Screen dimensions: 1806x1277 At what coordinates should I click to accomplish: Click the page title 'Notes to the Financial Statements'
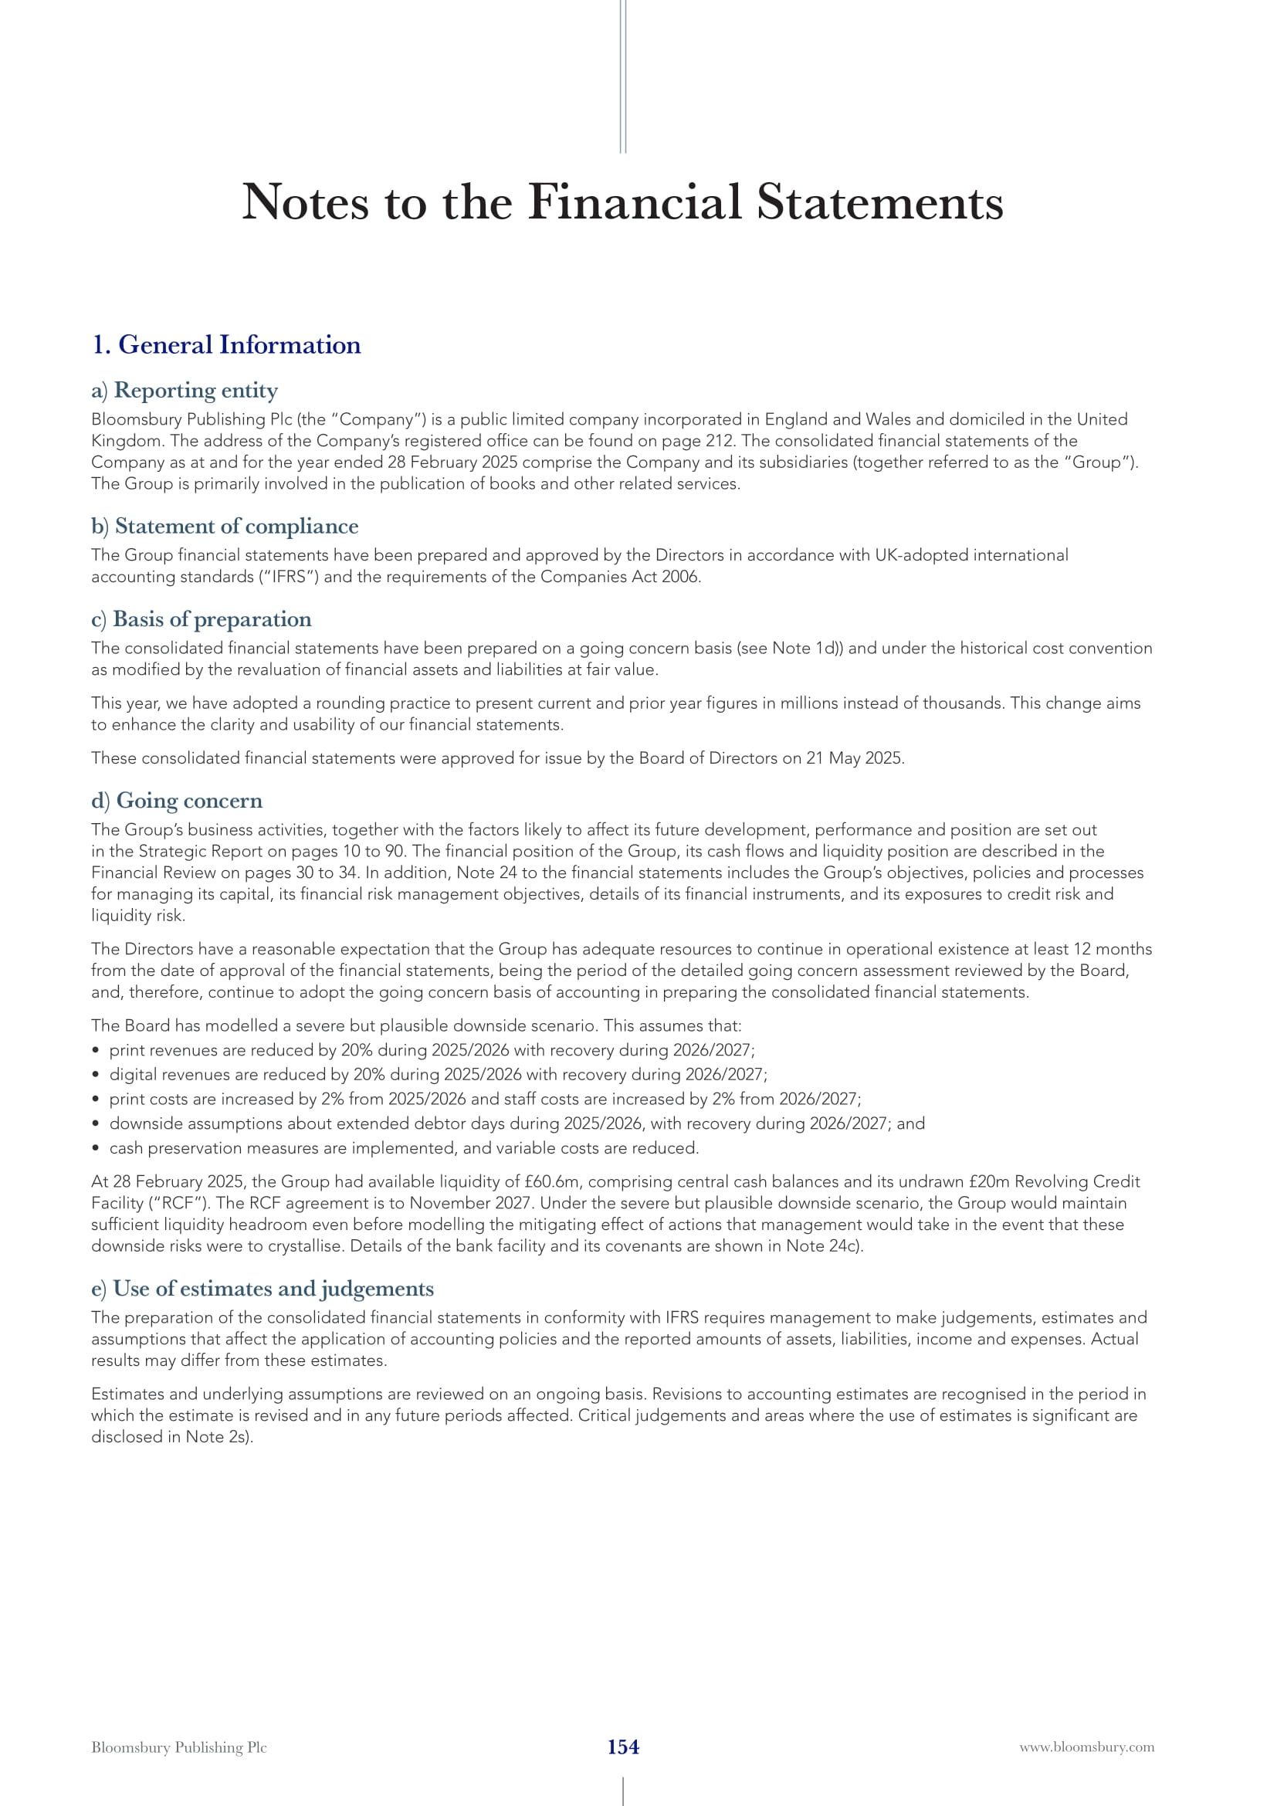click(x=622, y=202)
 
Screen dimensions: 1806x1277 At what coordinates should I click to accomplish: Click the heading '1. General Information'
click(x=226, y=344)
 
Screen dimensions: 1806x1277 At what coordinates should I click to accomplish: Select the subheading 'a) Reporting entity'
click(x=185, y=390)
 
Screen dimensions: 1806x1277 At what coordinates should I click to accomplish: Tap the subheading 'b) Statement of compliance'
click(x=225, y=526)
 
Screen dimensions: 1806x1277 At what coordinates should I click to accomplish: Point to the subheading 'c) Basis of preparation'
click(x=202, y=619)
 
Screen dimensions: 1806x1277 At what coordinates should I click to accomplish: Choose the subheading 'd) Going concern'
click(x=177, y=800)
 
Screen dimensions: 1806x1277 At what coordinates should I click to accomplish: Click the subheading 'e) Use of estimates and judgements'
click(x=263, y=1289)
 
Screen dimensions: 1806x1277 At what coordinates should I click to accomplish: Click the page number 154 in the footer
click(x=623, y=1747)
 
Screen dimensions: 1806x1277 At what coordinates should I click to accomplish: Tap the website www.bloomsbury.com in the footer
click(x=1087, y=1747)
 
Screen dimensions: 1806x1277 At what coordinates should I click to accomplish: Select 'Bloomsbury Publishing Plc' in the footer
click(x=179, y=1747)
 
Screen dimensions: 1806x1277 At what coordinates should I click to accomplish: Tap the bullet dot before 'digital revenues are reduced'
click(x=95, y=1075)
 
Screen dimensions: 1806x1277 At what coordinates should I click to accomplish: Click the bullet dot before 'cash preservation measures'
click(x=95, y=1148)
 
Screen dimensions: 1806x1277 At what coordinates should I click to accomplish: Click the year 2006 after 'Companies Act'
click(x=681, y=577)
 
